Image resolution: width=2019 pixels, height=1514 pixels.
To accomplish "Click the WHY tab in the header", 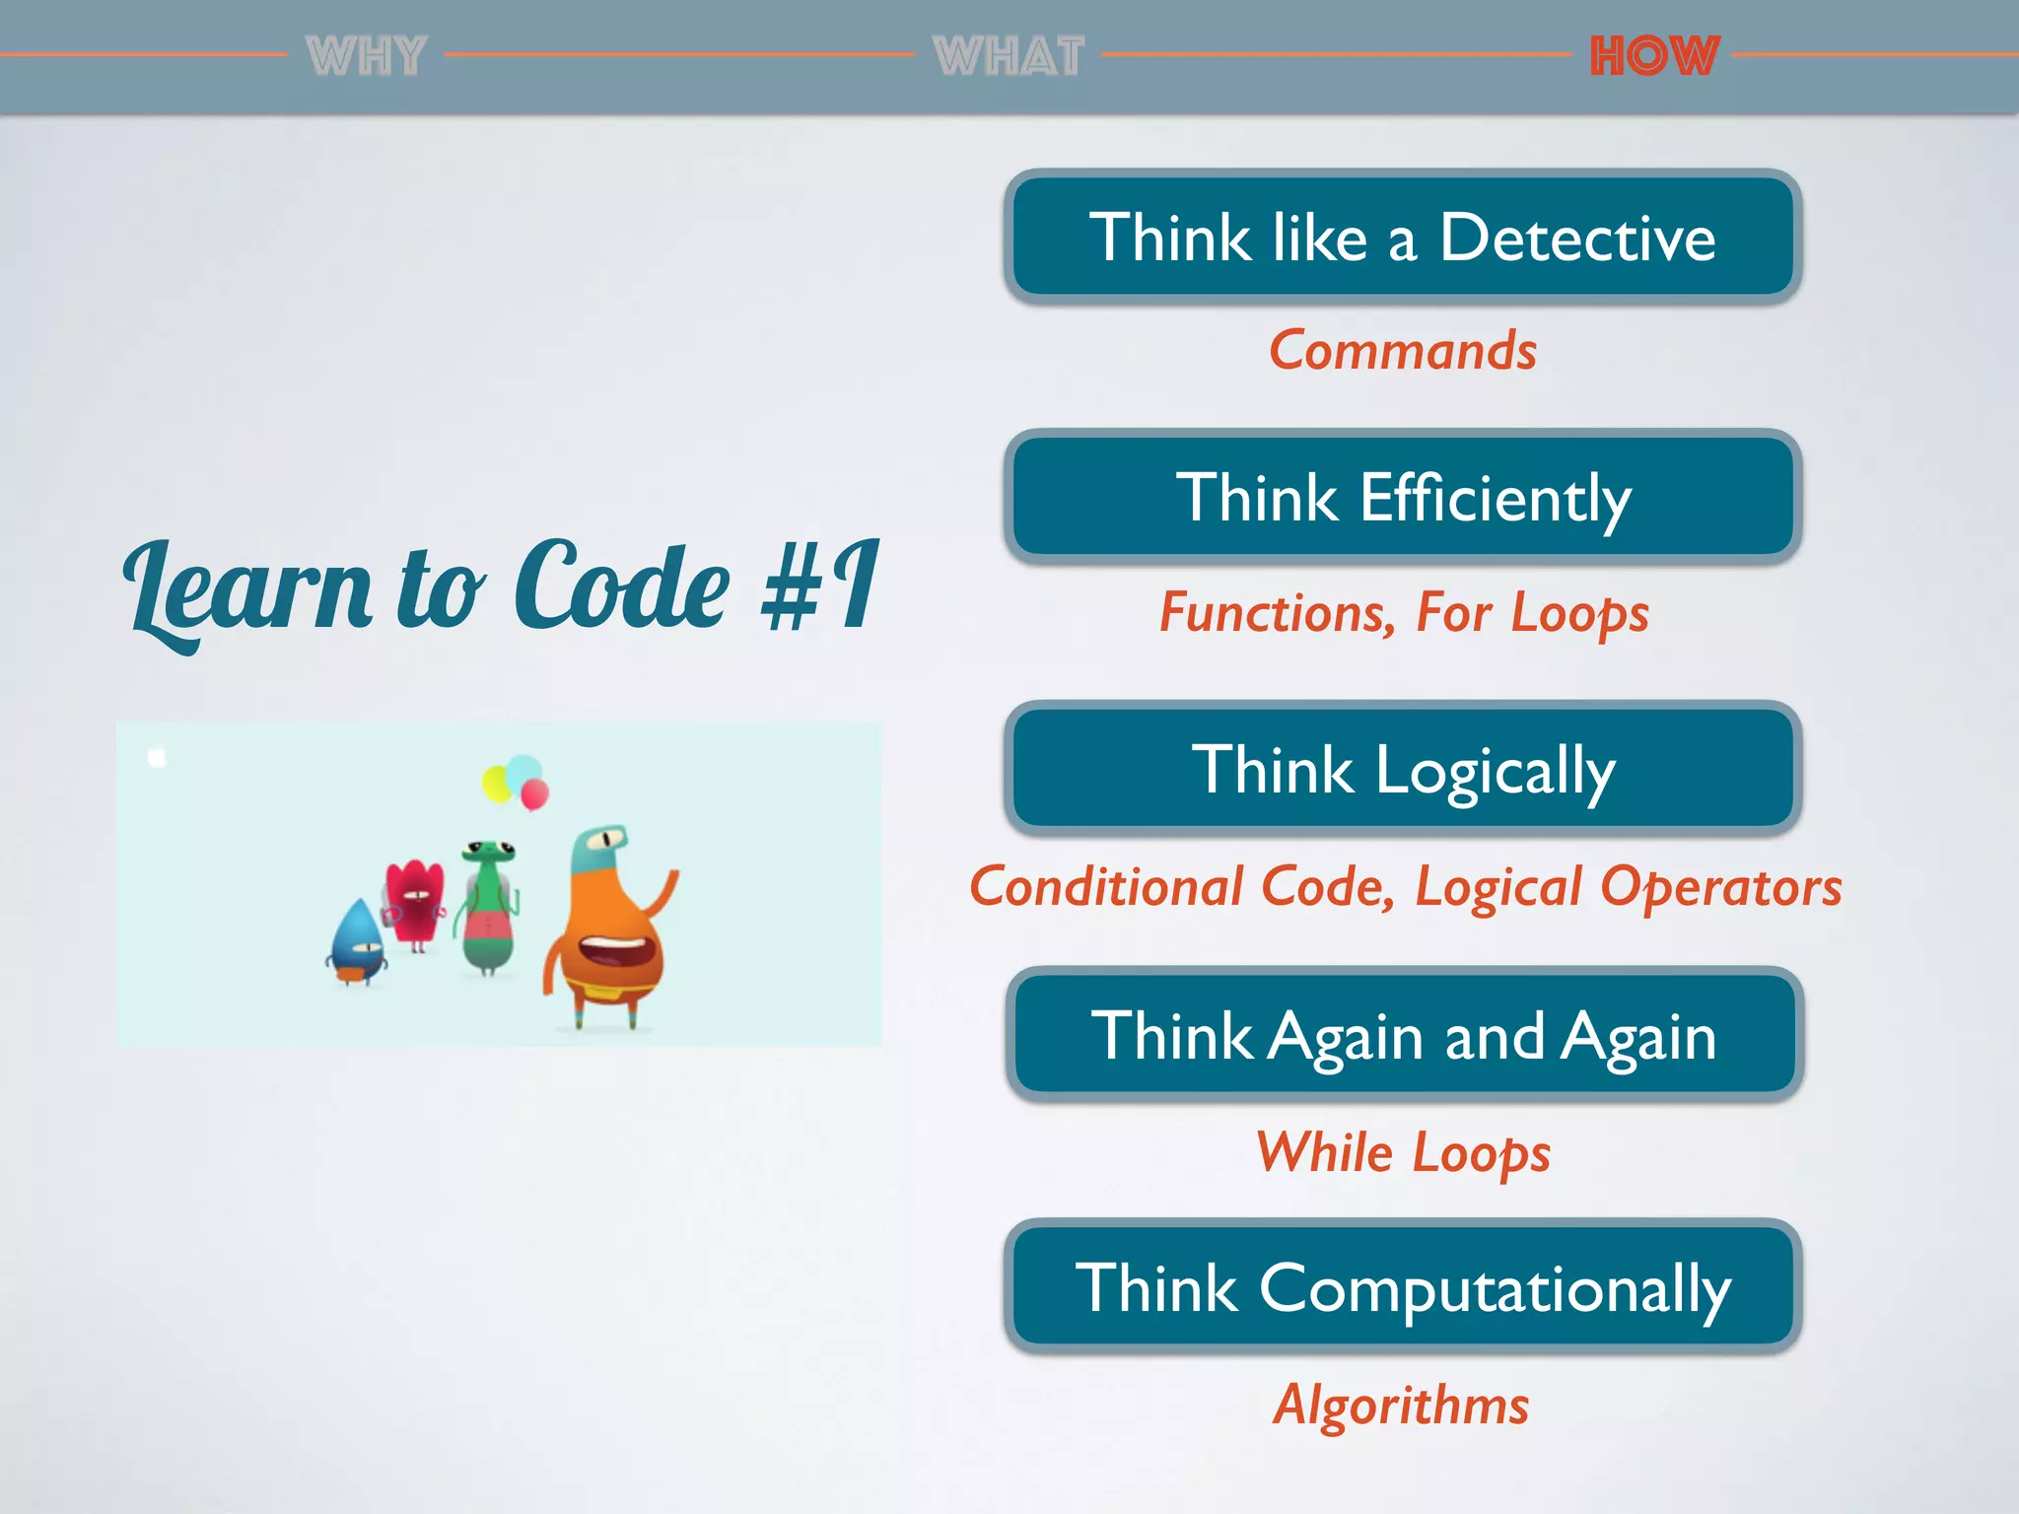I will point(366,55).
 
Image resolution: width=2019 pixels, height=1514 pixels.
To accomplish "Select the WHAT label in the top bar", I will point(1009,55).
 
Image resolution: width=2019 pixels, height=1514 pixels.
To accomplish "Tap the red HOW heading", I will point(1654,55).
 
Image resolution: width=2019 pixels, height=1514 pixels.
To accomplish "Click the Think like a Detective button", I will point(1403,238).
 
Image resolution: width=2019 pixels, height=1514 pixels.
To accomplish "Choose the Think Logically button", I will point(1403,770).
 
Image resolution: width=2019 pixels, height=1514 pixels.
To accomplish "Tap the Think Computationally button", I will point(1403,1287).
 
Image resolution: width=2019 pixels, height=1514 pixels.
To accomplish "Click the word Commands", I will point(1403,350).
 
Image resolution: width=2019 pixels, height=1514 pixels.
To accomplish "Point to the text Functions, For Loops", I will point(1403,612).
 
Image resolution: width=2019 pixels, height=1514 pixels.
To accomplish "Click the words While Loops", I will point(1403,1151).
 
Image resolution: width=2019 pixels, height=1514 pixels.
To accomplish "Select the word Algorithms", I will point(1401,1404).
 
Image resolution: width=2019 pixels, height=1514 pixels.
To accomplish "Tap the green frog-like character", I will point(488,907).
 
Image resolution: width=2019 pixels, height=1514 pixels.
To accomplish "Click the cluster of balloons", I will point(516,782).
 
